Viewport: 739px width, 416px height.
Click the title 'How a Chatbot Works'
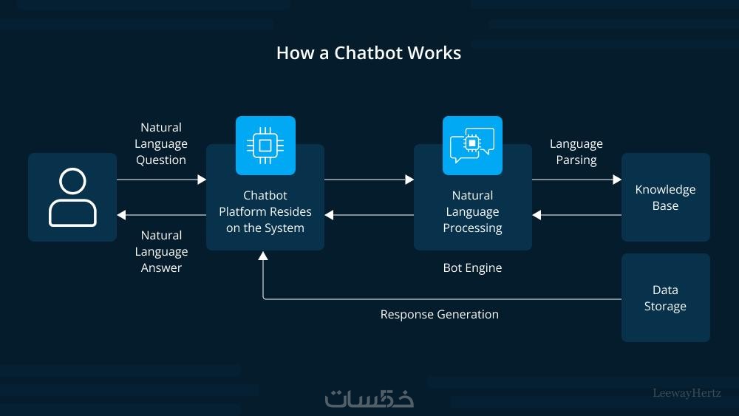[x=368, y=53]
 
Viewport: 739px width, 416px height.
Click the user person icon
[x=72, y=197]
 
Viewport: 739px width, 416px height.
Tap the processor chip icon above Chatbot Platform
[x=265, y=145]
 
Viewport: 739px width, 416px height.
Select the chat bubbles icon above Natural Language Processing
[x=472, y=145]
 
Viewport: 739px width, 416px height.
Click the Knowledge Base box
[x=665, y=197]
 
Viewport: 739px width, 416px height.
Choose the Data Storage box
[x=665, y=298]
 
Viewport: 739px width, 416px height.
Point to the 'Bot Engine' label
[x=472, y=267]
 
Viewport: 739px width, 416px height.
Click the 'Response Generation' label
[x=439, y=314]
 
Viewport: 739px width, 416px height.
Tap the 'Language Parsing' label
[x=576, y=151]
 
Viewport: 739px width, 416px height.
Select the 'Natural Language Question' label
[x=161, y=143]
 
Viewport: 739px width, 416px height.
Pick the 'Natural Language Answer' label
[x=161, y=251]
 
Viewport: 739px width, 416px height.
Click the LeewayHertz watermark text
[x=687, y=393]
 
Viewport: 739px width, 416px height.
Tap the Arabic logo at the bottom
[x=369, y=397]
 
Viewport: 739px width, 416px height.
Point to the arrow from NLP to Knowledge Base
[x=576, y=179]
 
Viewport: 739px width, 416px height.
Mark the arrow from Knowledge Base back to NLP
[x=576, y=215]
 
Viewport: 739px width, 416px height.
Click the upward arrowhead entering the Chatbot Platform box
[x=263, y=256]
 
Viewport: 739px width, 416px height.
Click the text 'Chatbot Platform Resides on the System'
[x=265, y=211]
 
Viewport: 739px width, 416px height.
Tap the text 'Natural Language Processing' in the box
[x=472, y=211]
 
